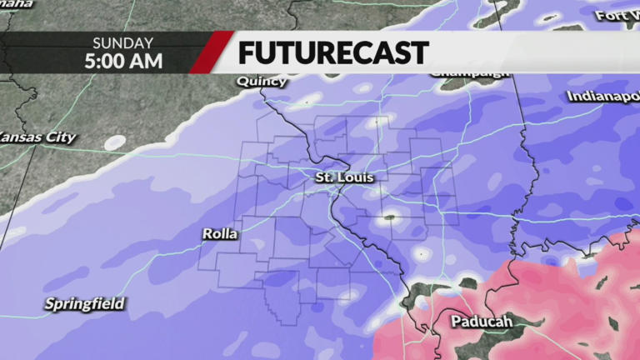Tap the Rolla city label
(220, 234)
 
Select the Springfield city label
(84, 304)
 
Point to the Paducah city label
(482, 322)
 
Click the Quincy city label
(262, 82)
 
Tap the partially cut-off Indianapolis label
(602, 97)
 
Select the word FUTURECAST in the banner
(332, 52)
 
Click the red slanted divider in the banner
(211, 52)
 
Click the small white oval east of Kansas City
(115, 142)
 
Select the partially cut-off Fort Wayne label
(617, 14)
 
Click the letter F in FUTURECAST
(248, 52)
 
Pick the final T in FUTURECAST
(419, 52)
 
